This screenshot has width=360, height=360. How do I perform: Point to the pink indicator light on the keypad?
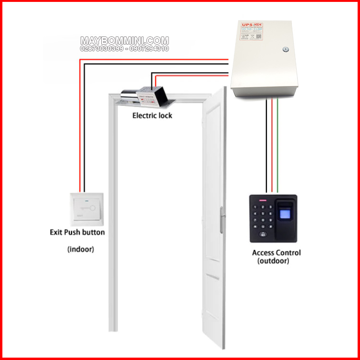pos(263,200)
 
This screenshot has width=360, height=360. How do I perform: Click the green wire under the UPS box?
pos(277,144)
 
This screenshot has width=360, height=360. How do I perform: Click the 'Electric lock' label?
pos(152,116)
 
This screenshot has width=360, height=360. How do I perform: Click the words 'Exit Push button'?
pos(77,232)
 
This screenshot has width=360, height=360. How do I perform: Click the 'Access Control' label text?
pos(276,252)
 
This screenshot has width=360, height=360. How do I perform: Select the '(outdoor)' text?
pos(273,261)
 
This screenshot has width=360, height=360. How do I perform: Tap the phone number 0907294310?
pos(145,49)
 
